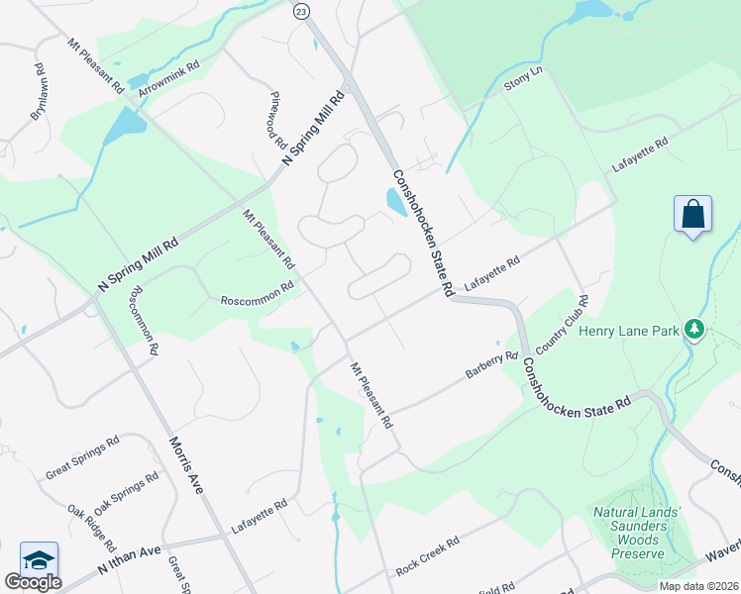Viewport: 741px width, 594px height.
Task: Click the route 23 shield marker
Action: tap(301, 10)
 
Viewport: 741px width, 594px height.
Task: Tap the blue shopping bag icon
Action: tap(692, 214)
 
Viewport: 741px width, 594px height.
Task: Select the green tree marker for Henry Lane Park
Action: tap(695, 329)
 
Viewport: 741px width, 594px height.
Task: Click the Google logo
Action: tap(33, 582)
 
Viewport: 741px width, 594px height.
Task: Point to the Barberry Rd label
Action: tap(492, 366)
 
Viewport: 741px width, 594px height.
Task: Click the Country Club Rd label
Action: tap(562, 327)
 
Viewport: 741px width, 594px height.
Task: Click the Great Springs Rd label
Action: tap(82, 455)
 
